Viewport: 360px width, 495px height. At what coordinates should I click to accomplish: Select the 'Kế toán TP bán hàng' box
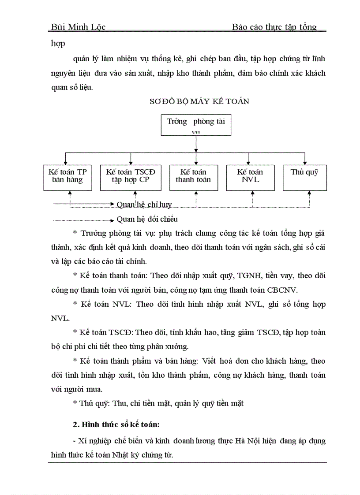(67, 177)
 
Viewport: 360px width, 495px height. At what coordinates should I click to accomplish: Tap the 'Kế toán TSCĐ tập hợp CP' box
(131, 177)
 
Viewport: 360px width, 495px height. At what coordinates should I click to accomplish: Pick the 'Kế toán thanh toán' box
(193, 177)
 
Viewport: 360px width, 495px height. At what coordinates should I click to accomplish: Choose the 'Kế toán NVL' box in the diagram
(250, 177)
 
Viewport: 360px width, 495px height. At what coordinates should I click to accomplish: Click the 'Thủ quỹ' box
(304, 177)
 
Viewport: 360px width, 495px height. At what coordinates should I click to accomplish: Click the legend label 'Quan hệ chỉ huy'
(144, 205)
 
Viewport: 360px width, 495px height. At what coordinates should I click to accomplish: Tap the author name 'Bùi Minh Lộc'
(78, 27)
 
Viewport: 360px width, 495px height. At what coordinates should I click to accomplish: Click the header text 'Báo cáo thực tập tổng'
(274, 27)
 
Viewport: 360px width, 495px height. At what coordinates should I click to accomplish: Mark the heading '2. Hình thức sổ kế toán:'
(116, 425)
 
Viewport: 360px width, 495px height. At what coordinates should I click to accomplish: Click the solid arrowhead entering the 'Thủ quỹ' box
(304, 162)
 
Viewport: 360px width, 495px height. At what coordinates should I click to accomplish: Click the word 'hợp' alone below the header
(58, 44)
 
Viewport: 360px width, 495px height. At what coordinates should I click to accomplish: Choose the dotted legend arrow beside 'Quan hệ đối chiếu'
(84, 219)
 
